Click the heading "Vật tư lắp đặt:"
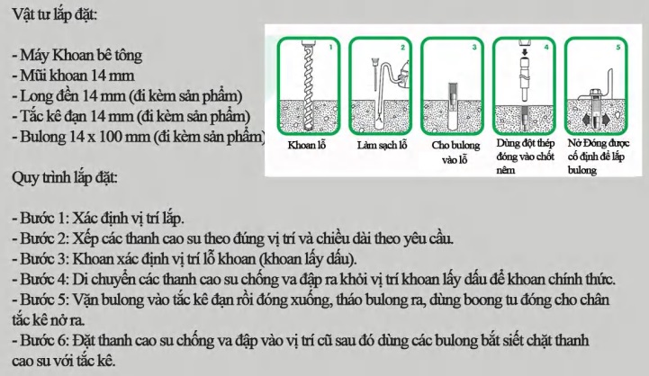(x=55, y=14)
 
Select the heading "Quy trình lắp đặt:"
(x=65, y=178)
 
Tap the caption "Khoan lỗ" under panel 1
(x=307, y=145)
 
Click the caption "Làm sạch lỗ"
(x=382, y=145)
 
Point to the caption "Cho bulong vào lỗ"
(x=455, y=152)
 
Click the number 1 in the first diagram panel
(x=330, y=47)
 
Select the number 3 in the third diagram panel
(x=474, y=47)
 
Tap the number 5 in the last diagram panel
(x=618, y=47)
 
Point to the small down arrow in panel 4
(x=525, y=52)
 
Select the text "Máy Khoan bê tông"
(x=81, y=55)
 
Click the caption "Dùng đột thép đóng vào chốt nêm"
(x=526, y=157)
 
